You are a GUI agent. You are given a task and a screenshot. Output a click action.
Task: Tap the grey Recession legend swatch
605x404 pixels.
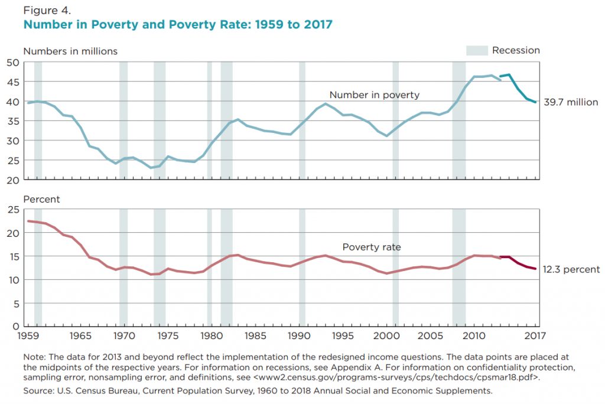pyautogui.click(x=476, y=51)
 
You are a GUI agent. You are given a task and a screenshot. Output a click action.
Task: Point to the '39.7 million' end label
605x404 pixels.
pyautogui.click(x=571, y=102)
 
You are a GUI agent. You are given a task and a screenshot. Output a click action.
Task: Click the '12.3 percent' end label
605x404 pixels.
pyautogui.click(x=572, y=269)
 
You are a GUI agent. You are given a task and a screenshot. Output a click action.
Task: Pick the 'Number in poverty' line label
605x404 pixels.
pyautogui.click(x=374, y=95)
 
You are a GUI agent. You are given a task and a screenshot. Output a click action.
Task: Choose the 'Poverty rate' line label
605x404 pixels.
pyautogui.click(x=372, y=247)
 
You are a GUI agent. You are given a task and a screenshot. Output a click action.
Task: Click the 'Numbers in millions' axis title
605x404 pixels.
pyautogui.click(x=70, y=51)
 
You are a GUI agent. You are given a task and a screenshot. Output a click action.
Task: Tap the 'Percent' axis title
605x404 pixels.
pyautogui.click(x=41, y=199)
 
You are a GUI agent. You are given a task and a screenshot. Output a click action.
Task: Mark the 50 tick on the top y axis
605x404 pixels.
pyautogui.click(x=14, y=62)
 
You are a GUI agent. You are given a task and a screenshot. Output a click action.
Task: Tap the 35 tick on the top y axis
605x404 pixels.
pyautogui.click(x=14, y=121)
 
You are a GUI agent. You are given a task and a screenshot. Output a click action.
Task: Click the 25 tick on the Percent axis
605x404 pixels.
pyautogui.click(x=14, y=210)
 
